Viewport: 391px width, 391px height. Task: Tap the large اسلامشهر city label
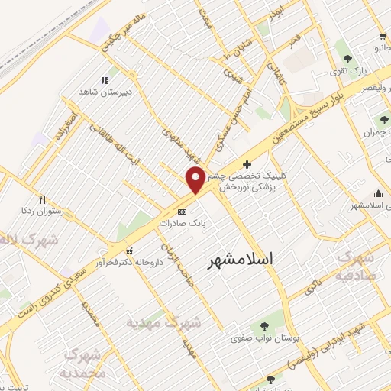click(x=241, y=260)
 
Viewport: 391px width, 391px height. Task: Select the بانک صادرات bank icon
click(x=182, y=212)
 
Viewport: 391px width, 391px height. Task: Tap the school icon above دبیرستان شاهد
click(x=105, y=79)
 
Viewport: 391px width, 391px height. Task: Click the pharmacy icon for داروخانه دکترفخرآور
click(x=128, y=250)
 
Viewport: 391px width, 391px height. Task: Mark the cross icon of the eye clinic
click(x=246, y=163)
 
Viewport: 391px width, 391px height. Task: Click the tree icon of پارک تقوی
click(x=348, y=58)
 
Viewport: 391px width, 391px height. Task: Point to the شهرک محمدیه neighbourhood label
click(x=83, y=364)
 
